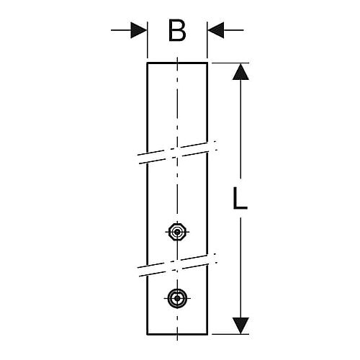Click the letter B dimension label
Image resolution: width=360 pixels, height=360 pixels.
click(x=177, y=30)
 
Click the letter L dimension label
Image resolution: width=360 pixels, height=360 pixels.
click(x=240, y=198)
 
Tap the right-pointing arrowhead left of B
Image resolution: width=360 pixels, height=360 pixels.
click(x=138, y=30)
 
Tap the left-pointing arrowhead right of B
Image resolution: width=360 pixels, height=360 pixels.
click(x=216, y=30)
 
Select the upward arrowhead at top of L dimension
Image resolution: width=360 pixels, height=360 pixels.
click(x=240, y=71)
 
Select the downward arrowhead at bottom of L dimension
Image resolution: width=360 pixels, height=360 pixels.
click(x=240, y=325)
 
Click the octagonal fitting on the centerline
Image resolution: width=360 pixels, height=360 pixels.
click(x=177, y=232)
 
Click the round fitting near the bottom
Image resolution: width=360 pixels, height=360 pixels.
click(x=177, y=298)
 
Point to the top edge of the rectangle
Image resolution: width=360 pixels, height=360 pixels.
click(x=177, y=63)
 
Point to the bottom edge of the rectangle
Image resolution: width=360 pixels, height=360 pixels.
click(x=177, y=334)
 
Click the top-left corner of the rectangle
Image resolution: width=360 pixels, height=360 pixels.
click(x=147, y=63)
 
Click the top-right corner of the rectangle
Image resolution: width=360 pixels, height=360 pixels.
click(x=207, y=63)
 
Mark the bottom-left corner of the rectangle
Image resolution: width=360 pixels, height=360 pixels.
click(x=147, y=334)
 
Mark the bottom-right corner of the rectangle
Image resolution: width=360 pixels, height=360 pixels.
click(x=207, y=334)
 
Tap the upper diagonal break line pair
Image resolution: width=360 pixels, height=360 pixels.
click(x=178, y=153)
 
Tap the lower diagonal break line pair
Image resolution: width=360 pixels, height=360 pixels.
click(x=178, y=265)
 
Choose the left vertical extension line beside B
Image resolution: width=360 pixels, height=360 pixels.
click(x=148, y=40)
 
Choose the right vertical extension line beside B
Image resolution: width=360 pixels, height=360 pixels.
click(x=207, y=40)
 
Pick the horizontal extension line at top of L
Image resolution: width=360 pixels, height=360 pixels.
click(x=231, y=63)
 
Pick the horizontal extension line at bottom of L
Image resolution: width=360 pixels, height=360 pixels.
click(x=231, y=334)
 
